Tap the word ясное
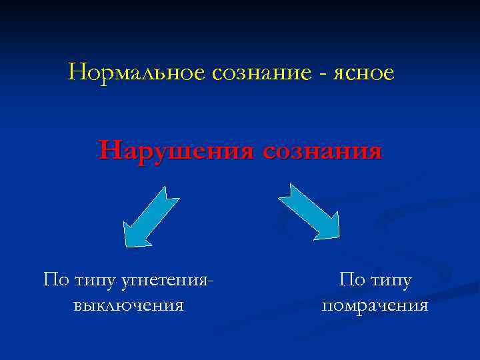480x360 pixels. click(x=364, y=73)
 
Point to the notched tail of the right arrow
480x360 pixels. click(x=287, y=189)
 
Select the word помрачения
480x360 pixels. click(x=375, y=305)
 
